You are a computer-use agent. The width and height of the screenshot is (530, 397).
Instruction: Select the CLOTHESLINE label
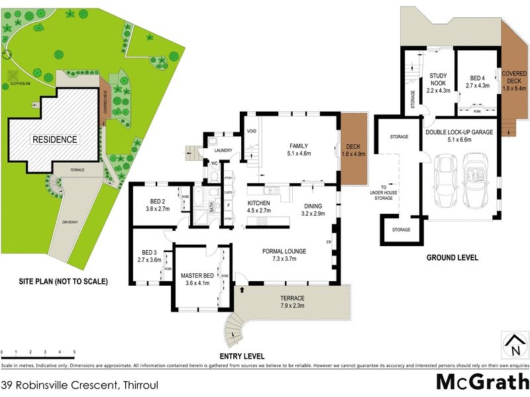coord(22,85)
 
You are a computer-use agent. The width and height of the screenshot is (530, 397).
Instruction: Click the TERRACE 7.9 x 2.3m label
coord(291,302)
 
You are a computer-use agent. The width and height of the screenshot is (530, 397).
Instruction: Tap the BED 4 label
coord(478,81)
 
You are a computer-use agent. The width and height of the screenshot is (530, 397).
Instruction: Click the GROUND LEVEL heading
coord(452,257)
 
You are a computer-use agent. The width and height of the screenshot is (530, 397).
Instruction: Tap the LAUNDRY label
coord(223,150)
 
